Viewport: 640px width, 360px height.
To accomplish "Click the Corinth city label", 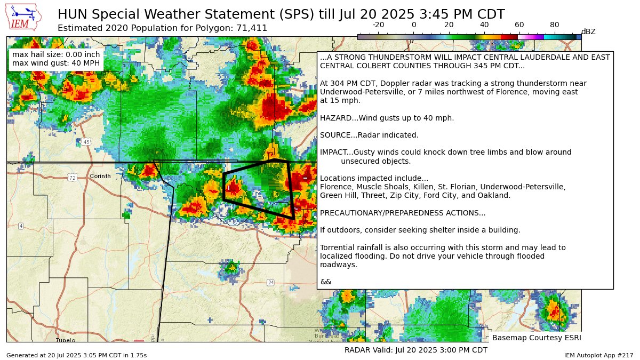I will (100, 176).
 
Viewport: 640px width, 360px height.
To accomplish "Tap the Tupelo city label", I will (66, 340).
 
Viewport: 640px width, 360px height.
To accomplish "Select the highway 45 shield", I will (86, 142).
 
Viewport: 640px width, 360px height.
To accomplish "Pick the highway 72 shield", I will (73, 178).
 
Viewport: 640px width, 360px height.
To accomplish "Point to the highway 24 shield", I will (271, 282).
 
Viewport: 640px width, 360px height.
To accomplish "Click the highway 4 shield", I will (21, 226).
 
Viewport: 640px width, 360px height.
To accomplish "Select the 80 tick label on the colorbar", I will (555, 25).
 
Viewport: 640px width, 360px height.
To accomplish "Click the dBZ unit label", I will (588, 32).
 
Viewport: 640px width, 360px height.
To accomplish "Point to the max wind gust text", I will (56, 63).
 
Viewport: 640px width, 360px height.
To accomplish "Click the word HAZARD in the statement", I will (334, 118).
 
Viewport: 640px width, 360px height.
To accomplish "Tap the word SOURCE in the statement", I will (334, 135).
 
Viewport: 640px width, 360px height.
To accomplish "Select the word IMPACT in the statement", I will (333, 152).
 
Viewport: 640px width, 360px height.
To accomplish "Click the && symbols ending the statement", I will (325, 282).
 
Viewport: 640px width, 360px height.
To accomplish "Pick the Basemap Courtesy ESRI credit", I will (536, 338).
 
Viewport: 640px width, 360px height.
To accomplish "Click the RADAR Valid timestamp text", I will (415, 350).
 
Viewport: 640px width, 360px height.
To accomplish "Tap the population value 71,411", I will (252, 28).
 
